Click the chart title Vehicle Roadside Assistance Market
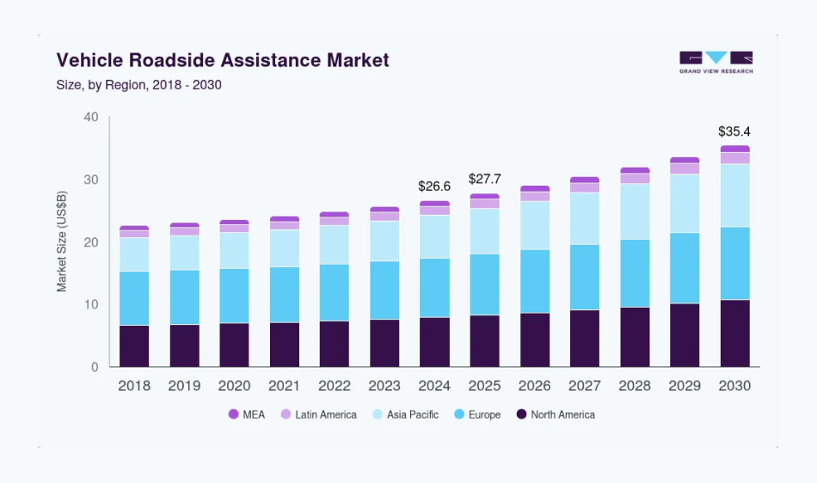coord(223,60)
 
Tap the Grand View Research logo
coord(716,62)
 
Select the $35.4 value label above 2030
coord(734,131)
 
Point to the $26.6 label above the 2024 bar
coord(434,186)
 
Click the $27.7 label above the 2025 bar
coord(484,179)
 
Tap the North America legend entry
coord(556,414)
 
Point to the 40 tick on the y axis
coord(91,117)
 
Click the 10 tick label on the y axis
coord(91,305)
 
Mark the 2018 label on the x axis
coord(134,386)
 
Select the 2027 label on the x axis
coord(585,386)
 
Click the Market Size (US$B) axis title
coord(62,242)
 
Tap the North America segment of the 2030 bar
coord(734,333)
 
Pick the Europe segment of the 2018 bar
coord(134,298)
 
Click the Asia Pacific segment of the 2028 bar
coord(635,211)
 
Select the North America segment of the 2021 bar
coord(285,345)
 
